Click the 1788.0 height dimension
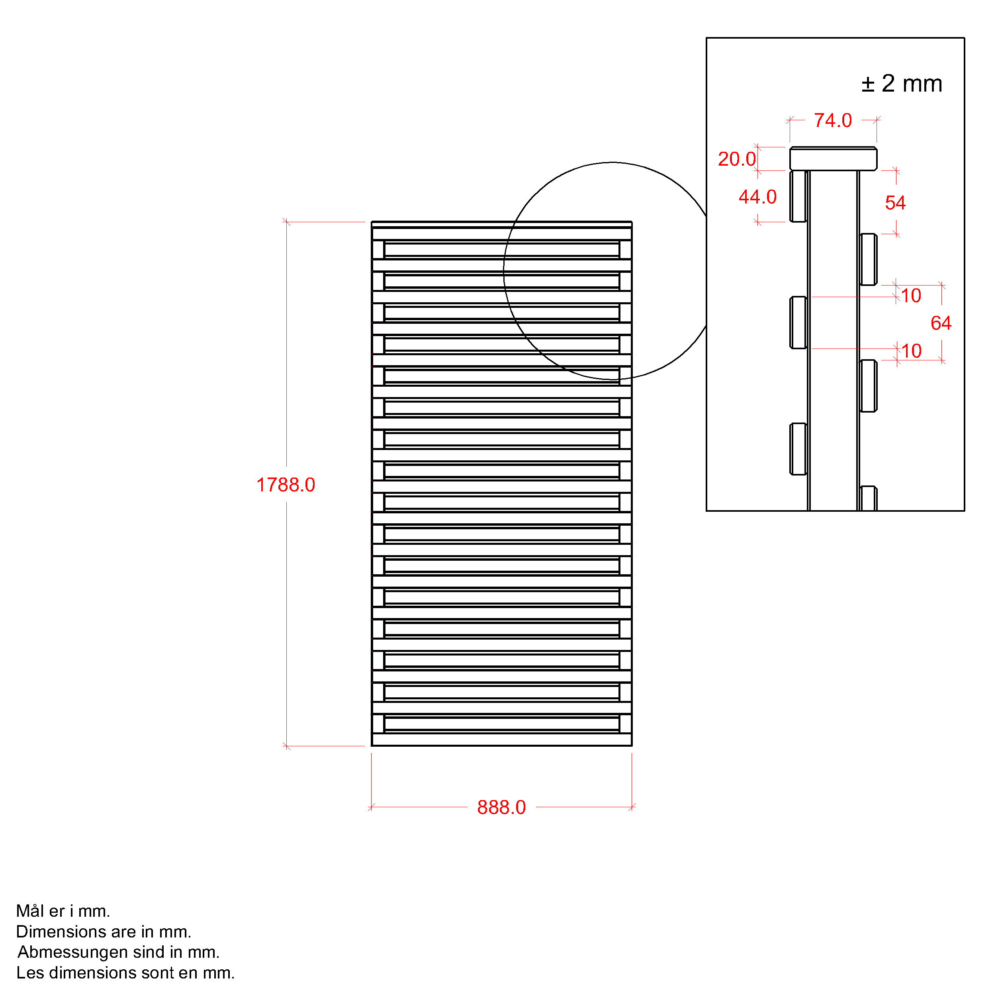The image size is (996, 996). pyautogui.click(x=286, y=485)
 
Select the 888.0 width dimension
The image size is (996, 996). pyautogui.click(x=501, y=807)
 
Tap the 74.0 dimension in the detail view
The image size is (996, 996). pyautogui.click(x=833, y=121)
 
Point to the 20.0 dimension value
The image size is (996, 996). pyautogui.click(x=737, y=159)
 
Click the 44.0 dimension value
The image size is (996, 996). pyautogui.click(x=757, y=197)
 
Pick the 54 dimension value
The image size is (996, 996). pyautogui.click(x=896, y=203)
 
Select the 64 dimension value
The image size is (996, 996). pyautogui.click(x=941, y=323)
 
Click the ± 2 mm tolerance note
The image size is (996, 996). pyautogui.click(x=902, y=84)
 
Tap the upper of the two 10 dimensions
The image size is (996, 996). pyautogui.click(x=911, y=296)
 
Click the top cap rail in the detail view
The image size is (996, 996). pyautogui.click(x=833, y=159)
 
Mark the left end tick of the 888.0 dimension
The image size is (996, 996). pyautogui.click(x=371, y=807)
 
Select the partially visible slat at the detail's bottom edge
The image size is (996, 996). pyautogui.click(x=868, y=499)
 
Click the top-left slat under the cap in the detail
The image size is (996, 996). pyautogui.click(x=798, y=196)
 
